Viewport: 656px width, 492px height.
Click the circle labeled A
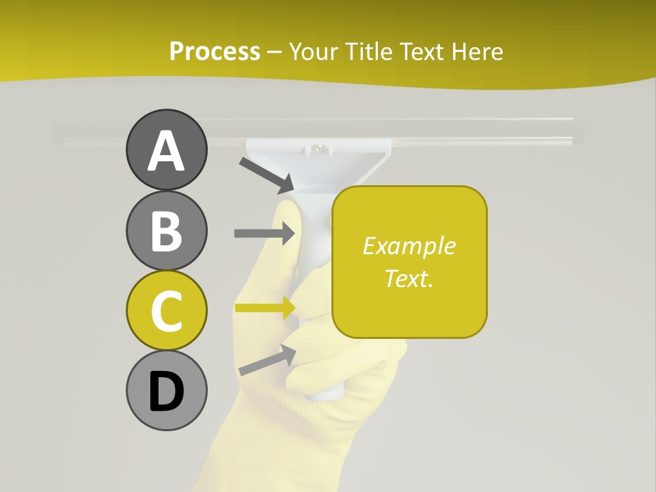point(166,150)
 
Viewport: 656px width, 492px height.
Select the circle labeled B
point(166,230)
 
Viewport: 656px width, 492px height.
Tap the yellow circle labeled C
point(166,310)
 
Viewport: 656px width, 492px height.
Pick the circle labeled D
point(166,390)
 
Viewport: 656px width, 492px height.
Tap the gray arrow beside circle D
point(267,360)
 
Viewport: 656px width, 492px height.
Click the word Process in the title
point(215,51)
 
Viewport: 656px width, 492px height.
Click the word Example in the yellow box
point(409,246)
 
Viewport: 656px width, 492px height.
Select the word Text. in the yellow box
point(409,278)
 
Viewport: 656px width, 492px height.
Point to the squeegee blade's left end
point(57,133)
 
